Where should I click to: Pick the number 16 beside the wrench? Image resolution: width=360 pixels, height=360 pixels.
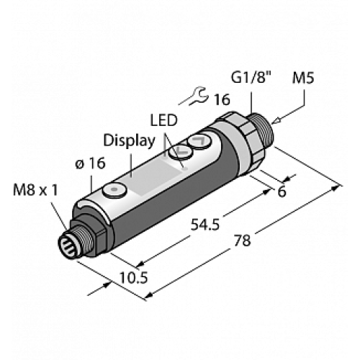(x=222, y=100)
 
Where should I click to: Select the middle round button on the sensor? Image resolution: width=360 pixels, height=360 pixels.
(x=177, y=152)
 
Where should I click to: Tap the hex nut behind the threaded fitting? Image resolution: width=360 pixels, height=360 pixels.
(x=238, y=133)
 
